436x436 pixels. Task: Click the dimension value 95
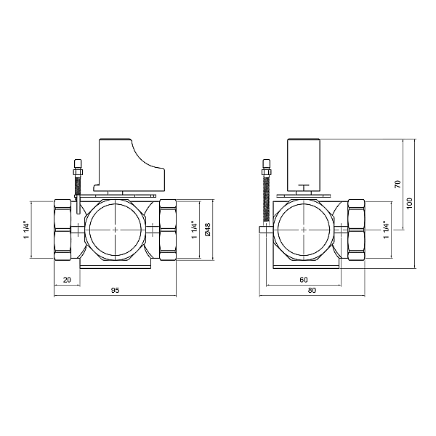point(115,291)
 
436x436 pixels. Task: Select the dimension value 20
point(67,279)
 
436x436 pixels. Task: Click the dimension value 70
point(397,183)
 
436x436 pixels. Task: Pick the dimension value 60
point(303,279)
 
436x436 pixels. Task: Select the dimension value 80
point(312,291)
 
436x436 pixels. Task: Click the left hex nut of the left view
point(64,229)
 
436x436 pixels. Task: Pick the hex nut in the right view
point(357,229)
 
